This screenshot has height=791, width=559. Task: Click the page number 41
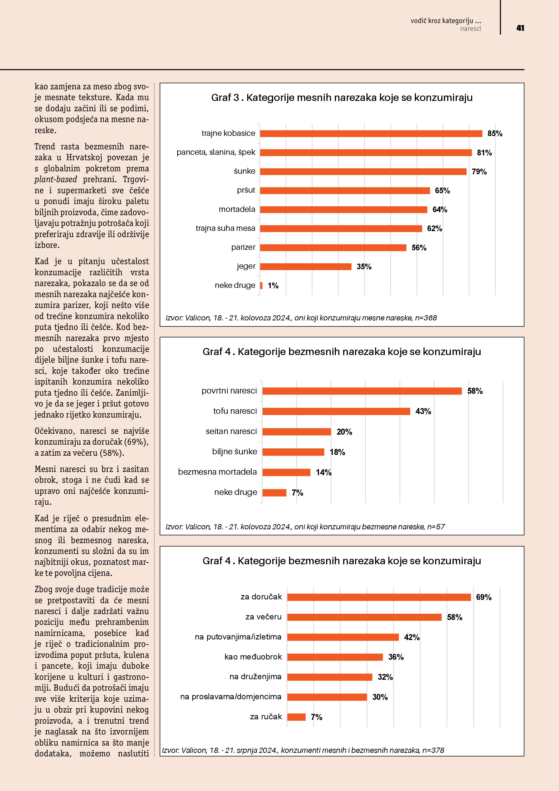520,28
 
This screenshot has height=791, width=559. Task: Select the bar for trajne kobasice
371,134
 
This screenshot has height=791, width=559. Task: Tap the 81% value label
484,153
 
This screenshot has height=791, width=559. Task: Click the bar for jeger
306,267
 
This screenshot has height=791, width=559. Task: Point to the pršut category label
246,190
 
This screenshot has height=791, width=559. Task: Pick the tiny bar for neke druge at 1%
261,285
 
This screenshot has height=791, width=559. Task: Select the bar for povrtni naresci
362,391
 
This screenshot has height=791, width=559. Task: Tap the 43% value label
423,411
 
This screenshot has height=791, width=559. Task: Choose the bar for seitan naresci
296,432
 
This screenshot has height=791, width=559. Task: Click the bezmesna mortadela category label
217,472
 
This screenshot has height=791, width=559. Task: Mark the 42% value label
412,637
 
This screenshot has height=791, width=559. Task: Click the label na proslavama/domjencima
231,697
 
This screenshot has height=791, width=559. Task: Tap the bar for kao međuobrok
335,657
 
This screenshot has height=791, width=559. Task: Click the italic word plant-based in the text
56,179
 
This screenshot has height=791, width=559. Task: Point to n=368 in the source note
426,318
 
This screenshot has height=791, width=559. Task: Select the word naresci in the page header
471,29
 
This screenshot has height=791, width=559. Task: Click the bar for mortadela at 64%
343,209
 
